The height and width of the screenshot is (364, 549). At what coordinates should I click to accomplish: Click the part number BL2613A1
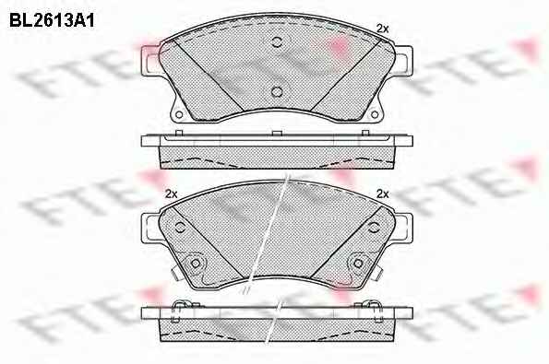coord(52,21)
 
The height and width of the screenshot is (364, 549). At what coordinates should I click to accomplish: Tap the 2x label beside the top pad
coord(383,29)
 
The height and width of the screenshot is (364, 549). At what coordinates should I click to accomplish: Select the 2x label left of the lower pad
coord(172,194)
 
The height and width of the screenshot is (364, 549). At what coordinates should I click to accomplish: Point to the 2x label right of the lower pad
coord(383,194)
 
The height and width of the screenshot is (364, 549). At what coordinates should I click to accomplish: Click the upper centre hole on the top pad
coord(277,42)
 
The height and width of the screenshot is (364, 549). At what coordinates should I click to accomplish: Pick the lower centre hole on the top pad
coord(277,92)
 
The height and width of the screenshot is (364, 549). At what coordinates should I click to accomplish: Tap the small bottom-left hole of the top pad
coord(179,114)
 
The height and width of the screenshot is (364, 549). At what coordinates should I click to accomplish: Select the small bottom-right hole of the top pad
coord(375,114)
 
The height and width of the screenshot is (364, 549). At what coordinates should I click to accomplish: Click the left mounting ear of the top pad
coord(149,61)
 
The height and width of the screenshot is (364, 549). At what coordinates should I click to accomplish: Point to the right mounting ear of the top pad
coord(404,61)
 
